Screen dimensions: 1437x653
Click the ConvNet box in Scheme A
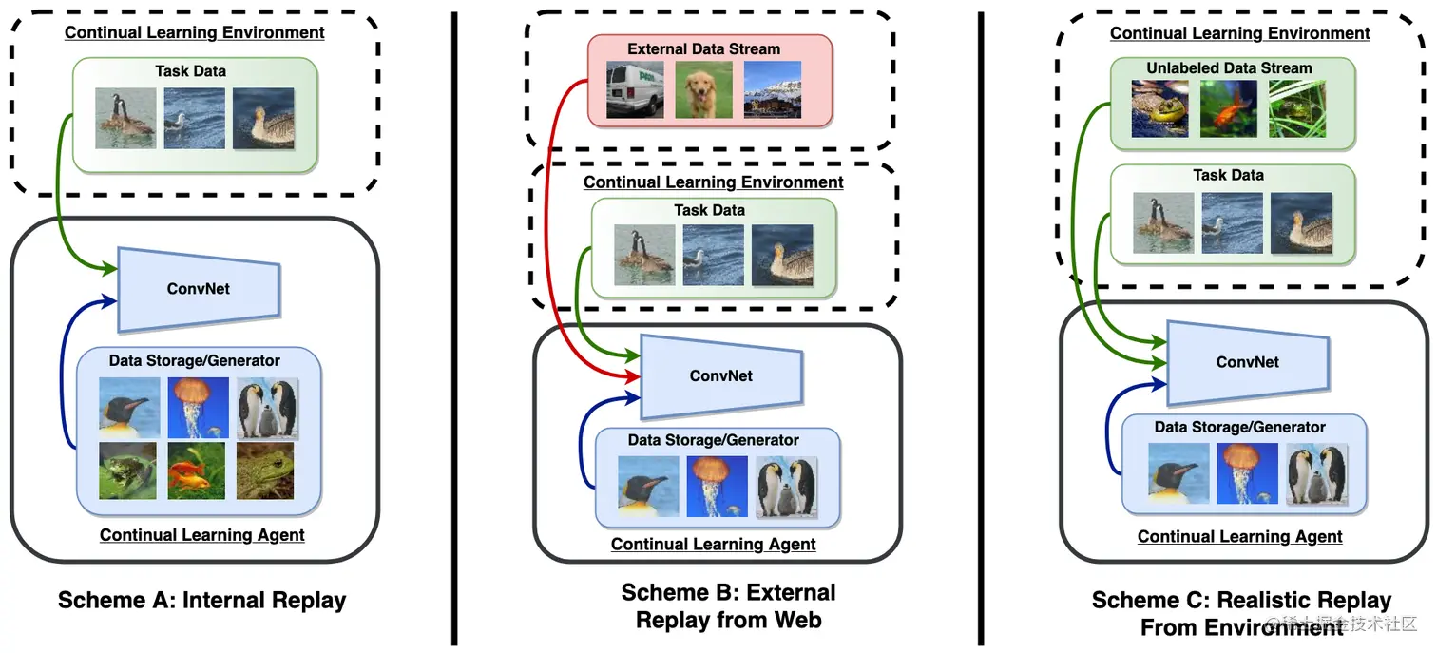click(199, 289)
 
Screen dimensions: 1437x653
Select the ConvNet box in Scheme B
click(721, 375)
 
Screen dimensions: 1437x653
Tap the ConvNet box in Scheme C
click(1248, 362)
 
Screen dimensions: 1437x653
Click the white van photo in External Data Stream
click(635, 89)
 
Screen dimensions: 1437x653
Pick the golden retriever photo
click(703, 89)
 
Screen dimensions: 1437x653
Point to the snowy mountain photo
click(773, 89)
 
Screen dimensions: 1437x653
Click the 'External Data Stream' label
click(703, 48)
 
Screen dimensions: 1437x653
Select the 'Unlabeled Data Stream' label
click(1229, 68)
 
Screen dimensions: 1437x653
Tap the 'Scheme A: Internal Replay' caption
click(202, 601)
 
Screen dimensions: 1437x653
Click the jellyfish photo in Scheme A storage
click(199, 408)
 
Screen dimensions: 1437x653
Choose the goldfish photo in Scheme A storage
click(197, 471)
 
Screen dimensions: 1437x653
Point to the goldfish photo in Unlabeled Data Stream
click(1229, 108)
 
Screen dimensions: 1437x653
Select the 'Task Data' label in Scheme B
click(710, 210)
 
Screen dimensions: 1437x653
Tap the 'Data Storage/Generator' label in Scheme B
click(714, 440)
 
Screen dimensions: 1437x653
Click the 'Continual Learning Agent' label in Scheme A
click(202, 535)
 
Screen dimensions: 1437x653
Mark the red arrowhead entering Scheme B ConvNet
click(633, 376)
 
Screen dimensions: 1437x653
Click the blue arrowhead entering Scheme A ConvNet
click(109, 300)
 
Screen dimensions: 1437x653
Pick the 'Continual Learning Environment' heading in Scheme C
click(1240, 33)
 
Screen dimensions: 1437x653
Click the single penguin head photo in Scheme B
click(648, 487)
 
